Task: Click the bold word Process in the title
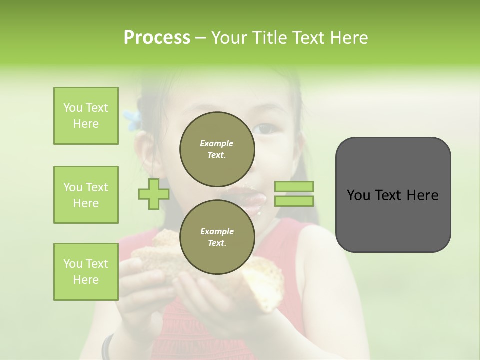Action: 157,38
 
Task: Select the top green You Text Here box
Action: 86,116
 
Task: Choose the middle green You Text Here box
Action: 86,195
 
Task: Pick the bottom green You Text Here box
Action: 86,272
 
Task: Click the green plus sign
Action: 154,194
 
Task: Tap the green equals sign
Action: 294,194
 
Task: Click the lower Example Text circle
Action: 217,237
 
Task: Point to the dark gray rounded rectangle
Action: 393,194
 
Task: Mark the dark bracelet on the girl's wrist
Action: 106,347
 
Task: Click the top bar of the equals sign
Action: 294,187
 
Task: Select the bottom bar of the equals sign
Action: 294,201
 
